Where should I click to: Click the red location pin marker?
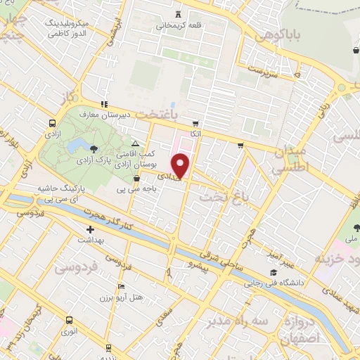tap(181, 165)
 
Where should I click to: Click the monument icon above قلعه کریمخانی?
tap(178, 13)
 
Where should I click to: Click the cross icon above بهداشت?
tap(90, 229)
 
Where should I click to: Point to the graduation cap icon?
tap(272, 273)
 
